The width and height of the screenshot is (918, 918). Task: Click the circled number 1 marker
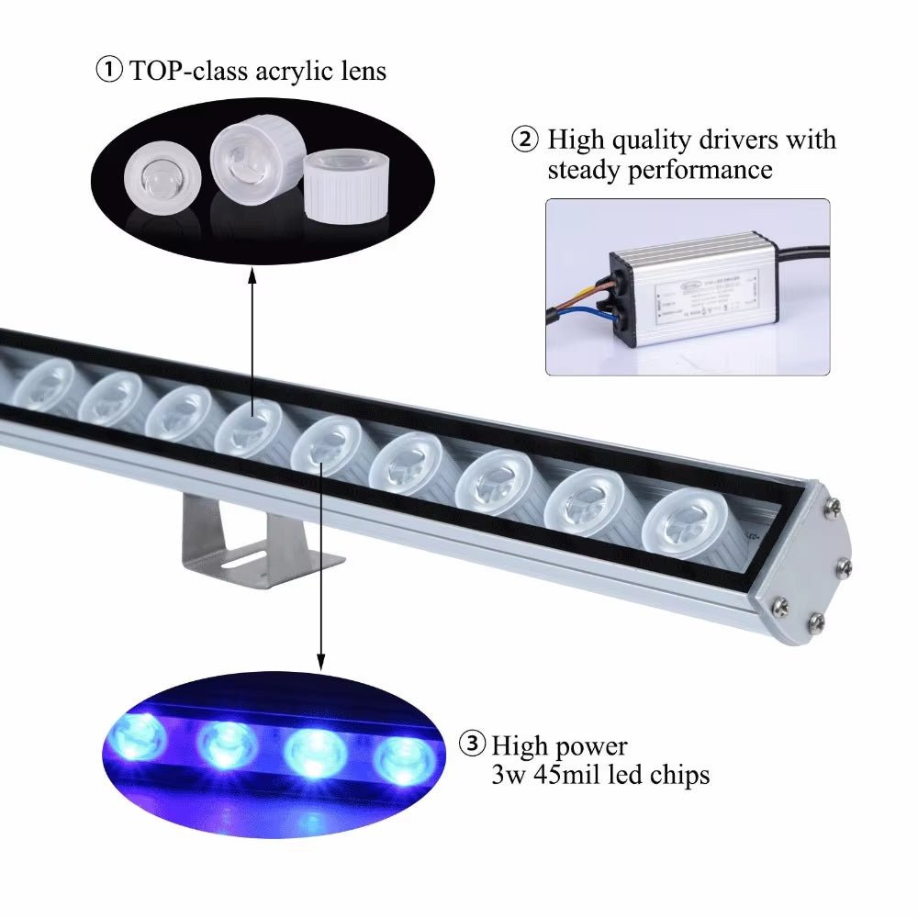coord(109,71)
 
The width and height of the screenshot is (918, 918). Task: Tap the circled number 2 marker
coord(524,140)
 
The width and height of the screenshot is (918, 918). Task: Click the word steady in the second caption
coord(587,170)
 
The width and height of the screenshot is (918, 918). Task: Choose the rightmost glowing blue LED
coord(404,756)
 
